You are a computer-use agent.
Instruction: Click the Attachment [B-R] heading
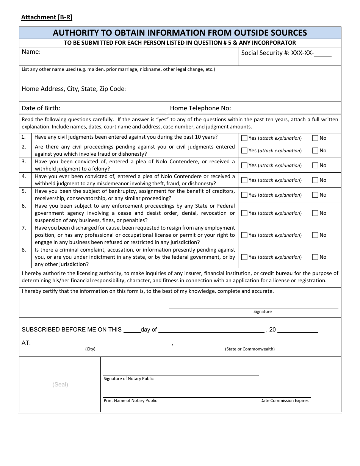point(47,17)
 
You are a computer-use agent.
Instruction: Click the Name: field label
point(31,52)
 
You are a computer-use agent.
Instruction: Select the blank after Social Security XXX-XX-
point(322,53)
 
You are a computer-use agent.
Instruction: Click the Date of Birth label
point(41,108)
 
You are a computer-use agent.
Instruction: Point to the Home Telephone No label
point(200,108)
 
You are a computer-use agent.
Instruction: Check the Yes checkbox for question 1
point(244,138)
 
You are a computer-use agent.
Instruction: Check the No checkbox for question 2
point(315,150)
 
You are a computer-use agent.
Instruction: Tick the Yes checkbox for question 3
point(244,165)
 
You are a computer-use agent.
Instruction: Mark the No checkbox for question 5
point(315,195)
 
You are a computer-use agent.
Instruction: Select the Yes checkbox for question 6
point(244,213)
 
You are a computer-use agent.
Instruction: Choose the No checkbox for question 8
point(315,257)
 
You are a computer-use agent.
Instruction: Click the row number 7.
point(24,228)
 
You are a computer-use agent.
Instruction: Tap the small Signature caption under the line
point(263,311)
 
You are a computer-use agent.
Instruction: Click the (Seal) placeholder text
point(60,385)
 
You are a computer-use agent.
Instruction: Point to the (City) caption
point(90,349)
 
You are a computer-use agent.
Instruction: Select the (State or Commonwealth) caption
point(250,349)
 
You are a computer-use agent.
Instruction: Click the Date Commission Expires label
point(284,400)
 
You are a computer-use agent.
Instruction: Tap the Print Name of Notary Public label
point(130,400)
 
